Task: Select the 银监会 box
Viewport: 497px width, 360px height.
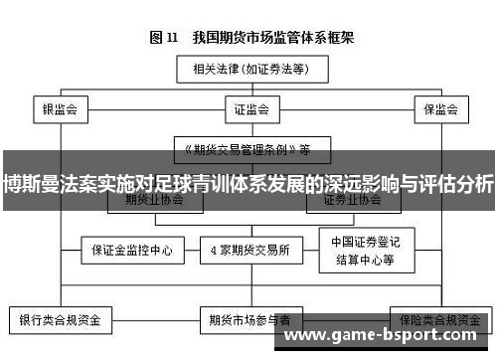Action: click(x=61, y=108)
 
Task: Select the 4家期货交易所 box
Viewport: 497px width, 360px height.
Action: click(x=248, y=249)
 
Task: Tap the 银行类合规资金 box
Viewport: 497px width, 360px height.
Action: click(x=62, y=320)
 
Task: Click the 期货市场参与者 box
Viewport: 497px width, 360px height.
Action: click(x=248, y=320)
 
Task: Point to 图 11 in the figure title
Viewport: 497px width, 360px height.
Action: click(x=165, y=38)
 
